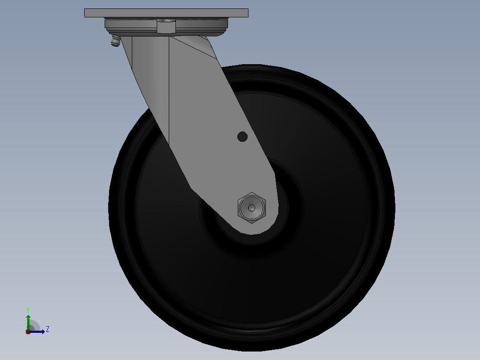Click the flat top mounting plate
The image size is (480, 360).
pyautogui.click(x=166, y=13)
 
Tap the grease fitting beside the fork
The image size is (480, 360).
pyautogui.click(x=115, y=41)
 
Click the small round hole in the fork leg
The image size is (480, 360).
pyautogui.click(x=242, y=137)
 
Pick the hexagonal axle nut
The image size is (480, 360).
pyautogui.click(x=252, y=208)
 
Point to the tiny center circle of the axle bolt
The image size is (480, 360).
pyautogui.click(x=252, y=208)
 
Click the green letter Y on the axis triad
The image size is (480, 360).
pyautogui.click(x=28, y=310)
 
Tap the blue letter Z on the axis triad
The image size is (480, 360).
pyautogui.click(x=48, y=329)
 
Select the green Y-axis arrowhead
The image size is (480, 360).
pyautogui.click(x=28, y=317)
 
